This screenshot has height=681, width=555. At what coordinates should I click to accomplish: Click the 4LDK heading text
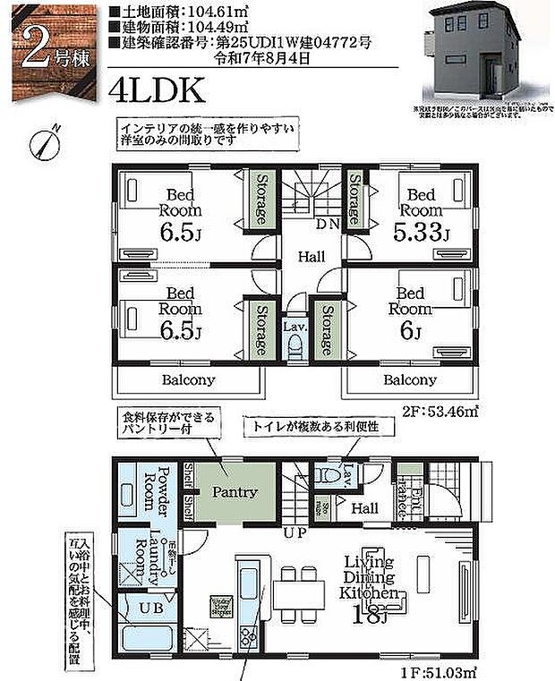158,90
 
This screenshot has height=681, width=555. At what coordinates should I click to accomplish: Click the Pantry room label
235,492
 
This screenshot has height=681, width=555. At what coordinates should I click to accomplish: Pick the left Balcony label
188,379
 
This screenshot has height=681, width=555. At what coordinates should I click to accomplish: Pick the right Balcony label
410,379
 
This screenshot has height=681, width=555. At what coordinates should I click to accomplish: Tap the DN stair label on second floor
327,224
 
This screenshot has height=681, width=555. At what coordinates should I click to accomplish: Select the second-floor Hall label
311,257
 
